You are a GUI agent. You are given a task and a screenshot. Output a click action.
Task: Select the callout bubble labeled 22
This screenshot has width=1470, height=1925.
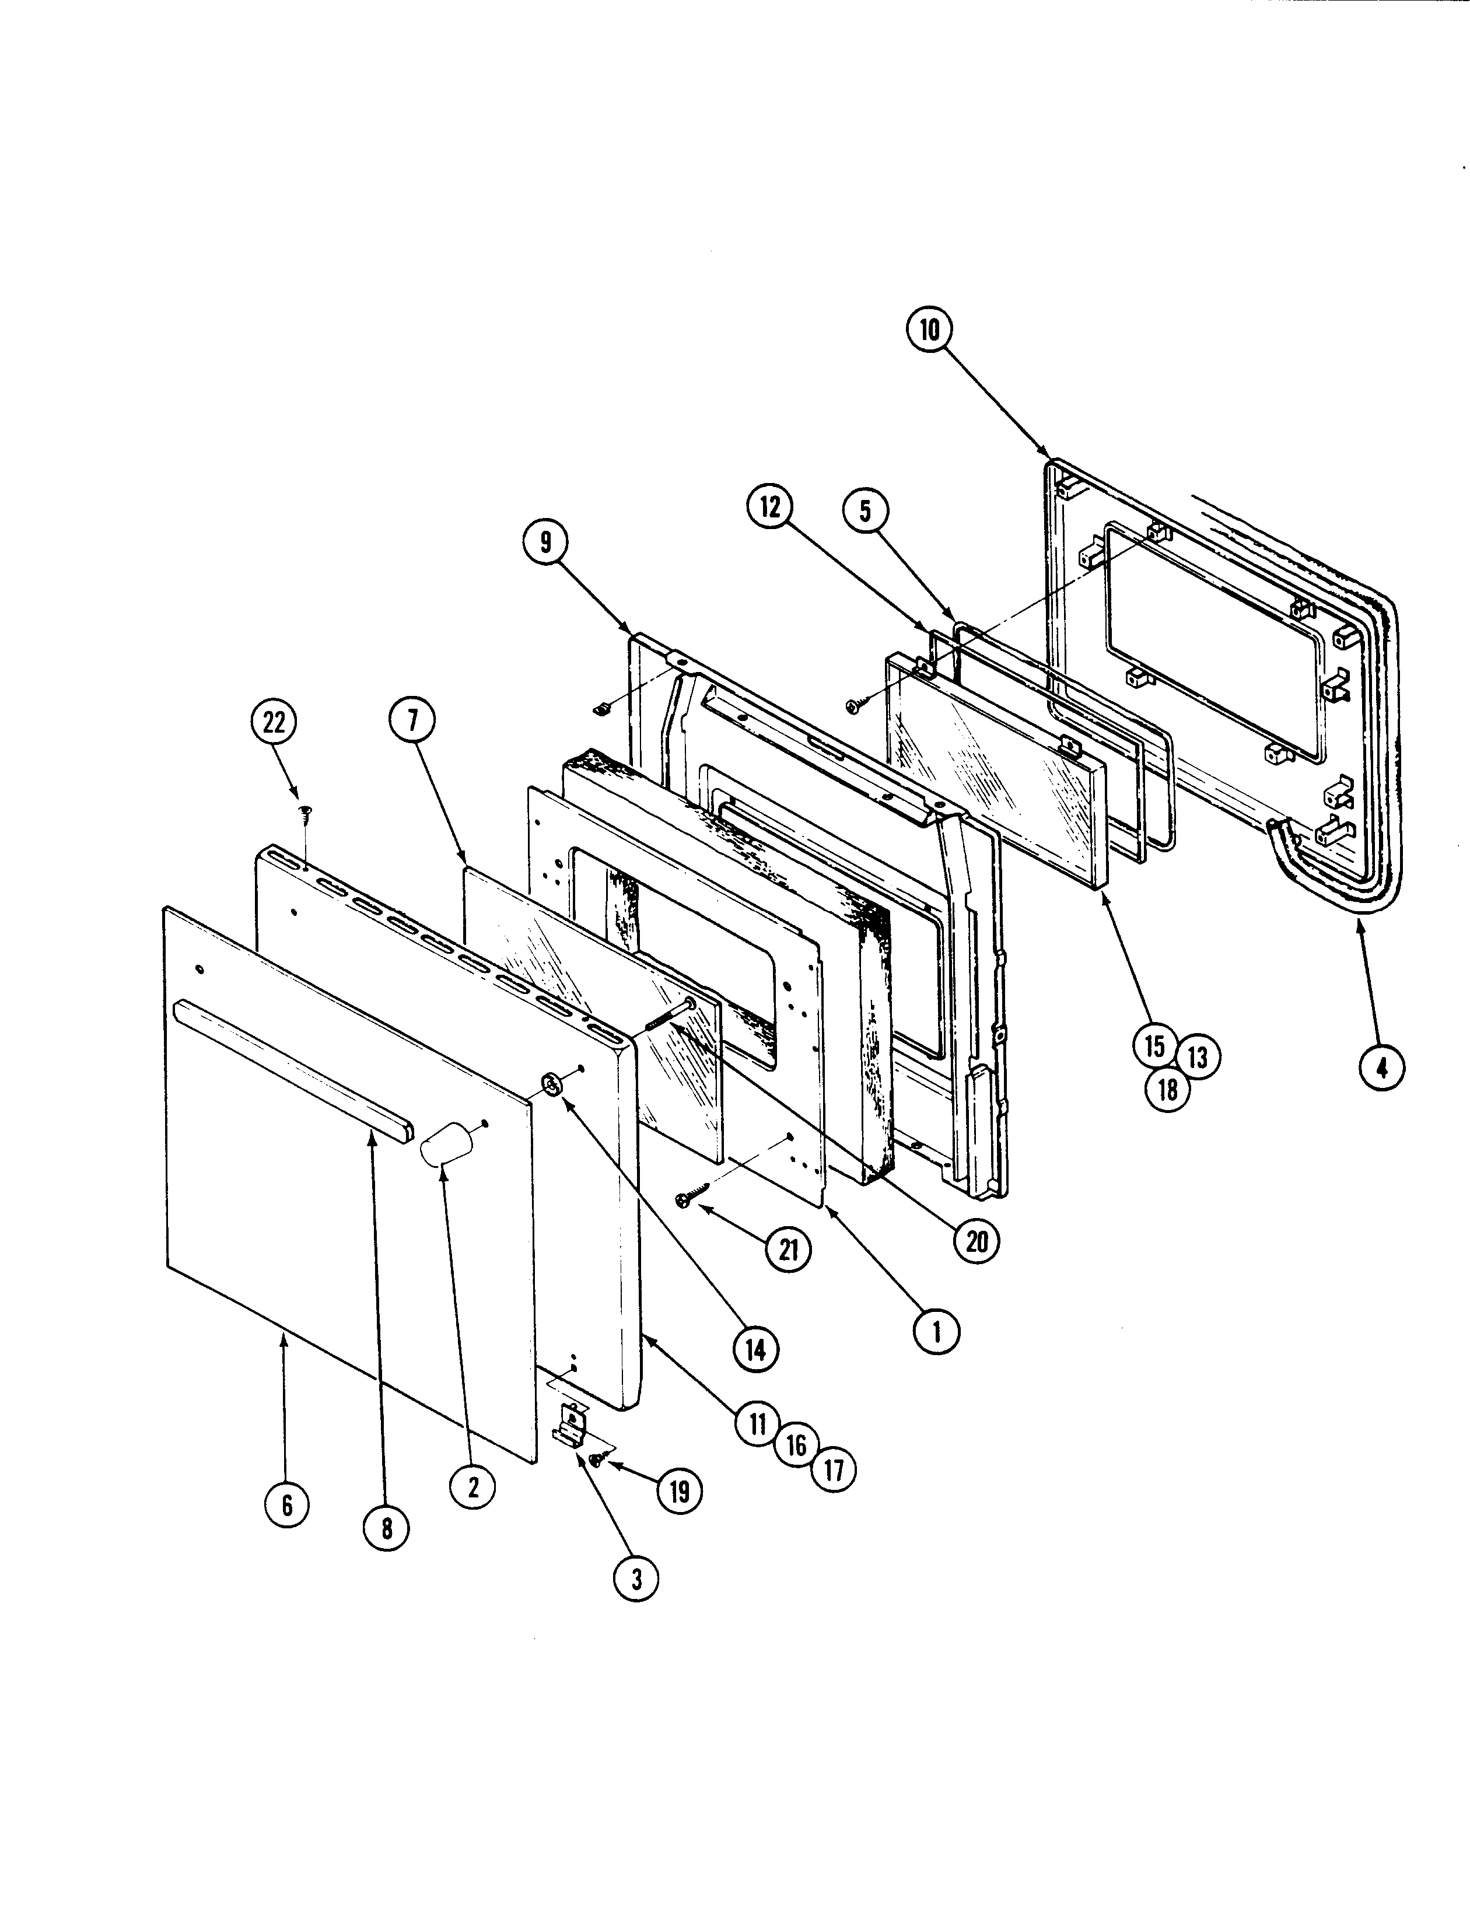[274, 723]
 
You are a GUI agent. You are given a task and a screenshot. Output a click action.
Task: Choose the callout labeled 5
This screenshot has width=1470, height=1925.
[866, 511]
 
